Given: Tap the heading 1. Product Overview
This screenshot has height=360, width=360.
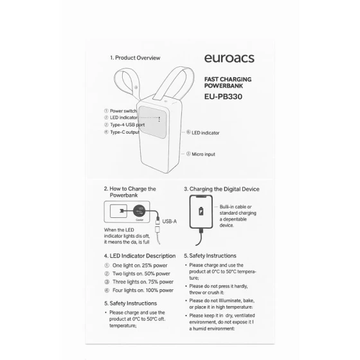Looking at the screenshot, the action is click(x=135, y=58).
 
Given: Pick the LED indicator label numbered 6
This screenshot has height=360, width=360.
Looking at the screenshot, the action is click(x=205, y=132).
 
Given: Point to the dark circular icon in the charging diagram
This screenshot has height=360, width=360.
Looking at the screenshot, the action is click(x=139, y=210).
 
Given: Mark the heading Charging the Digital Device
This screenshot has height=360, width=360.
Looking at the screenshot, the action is click(x=222, y=189).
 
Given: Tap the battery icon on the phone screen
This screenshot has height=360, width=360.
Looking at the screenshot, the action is click(x=203, y=212).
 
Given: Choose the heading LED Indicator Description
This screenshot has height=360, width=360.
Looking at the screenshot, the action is click(x=139, y=256).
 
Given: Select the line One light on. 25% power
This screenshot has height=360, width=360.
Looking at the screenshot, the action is click(x=141, y=265).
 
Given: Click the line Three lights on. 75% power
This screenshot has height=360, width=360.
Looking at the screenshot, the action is click(x=142, y=282).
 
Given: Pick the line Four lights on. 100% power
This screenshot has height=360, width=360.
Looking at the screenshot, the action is click(x=142, y=290).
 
